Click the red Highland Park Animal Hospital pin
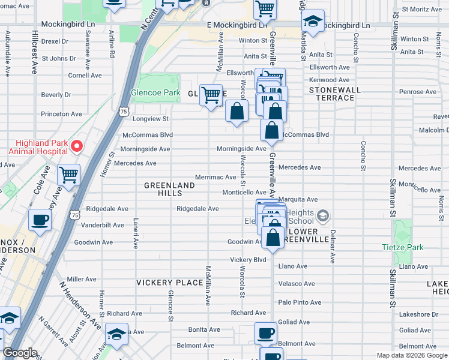[x=76, y=146]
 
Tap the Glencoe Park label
[x=155, y=93]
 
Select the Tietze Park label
[x=402, y=247]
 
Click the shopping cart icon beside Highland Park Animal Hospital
[x=69, y=176]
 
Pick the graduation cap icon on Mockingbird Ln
[x=312, y=22]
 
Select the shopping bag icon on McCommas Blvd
[x=272, y=130]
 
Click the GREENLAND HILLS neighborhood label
[x=169, y=190]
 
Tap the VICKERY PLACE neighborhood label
[x=170, y=283]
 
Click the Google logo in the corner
[x=20, y=353]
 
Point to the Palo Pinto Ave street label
[x=300, y=302]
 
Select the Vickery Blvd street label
[x=248, y=260]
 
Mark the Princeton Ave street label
[x=61, y=114]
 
